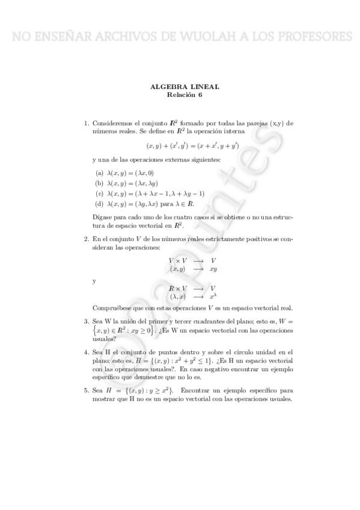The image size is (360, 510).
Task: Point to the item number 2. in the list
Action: point(87,239)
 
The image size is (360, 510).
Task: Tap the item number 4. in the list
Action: point(87,351)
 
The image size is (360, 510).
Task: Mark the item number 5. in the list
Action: point(87,390)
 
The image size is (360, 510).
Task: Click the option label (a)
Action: point(100,173)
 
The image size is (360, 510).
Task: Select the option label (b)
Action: point(100,183)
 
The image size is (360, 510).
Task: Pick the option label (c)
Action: point(100,194)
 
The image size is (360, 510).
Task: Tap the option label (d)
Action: point(100,204)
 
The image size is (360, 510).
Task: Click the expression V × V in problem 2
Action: point(177,260)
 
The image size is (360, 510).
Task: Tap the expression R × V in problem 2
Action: point(177,288)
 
